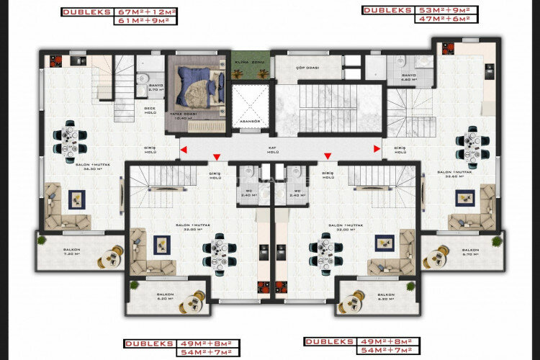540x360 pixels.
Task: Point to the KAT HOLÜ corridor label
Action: [x=273, y=150]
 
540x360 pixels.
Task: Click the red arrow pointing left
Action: [x=184, y=150]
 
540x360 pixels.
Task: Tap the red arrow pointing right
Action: [x=377, y=150]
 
